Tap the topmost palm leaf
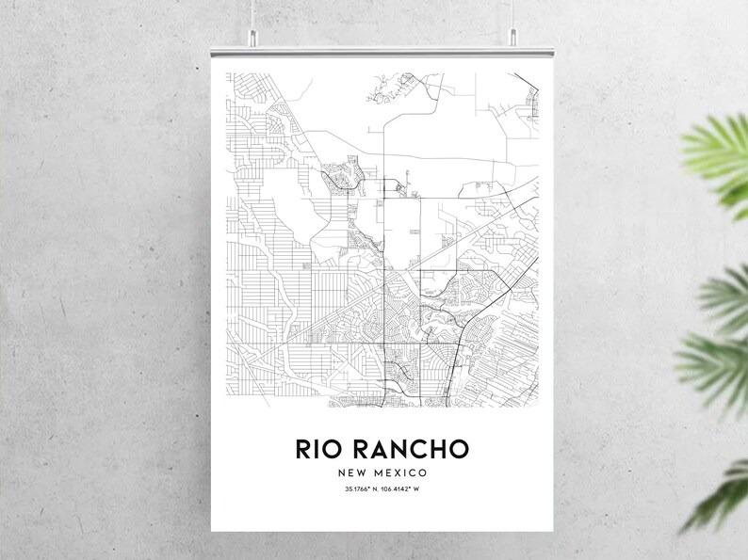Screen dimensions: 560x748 pyautogui.click(x=721, y=151)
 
